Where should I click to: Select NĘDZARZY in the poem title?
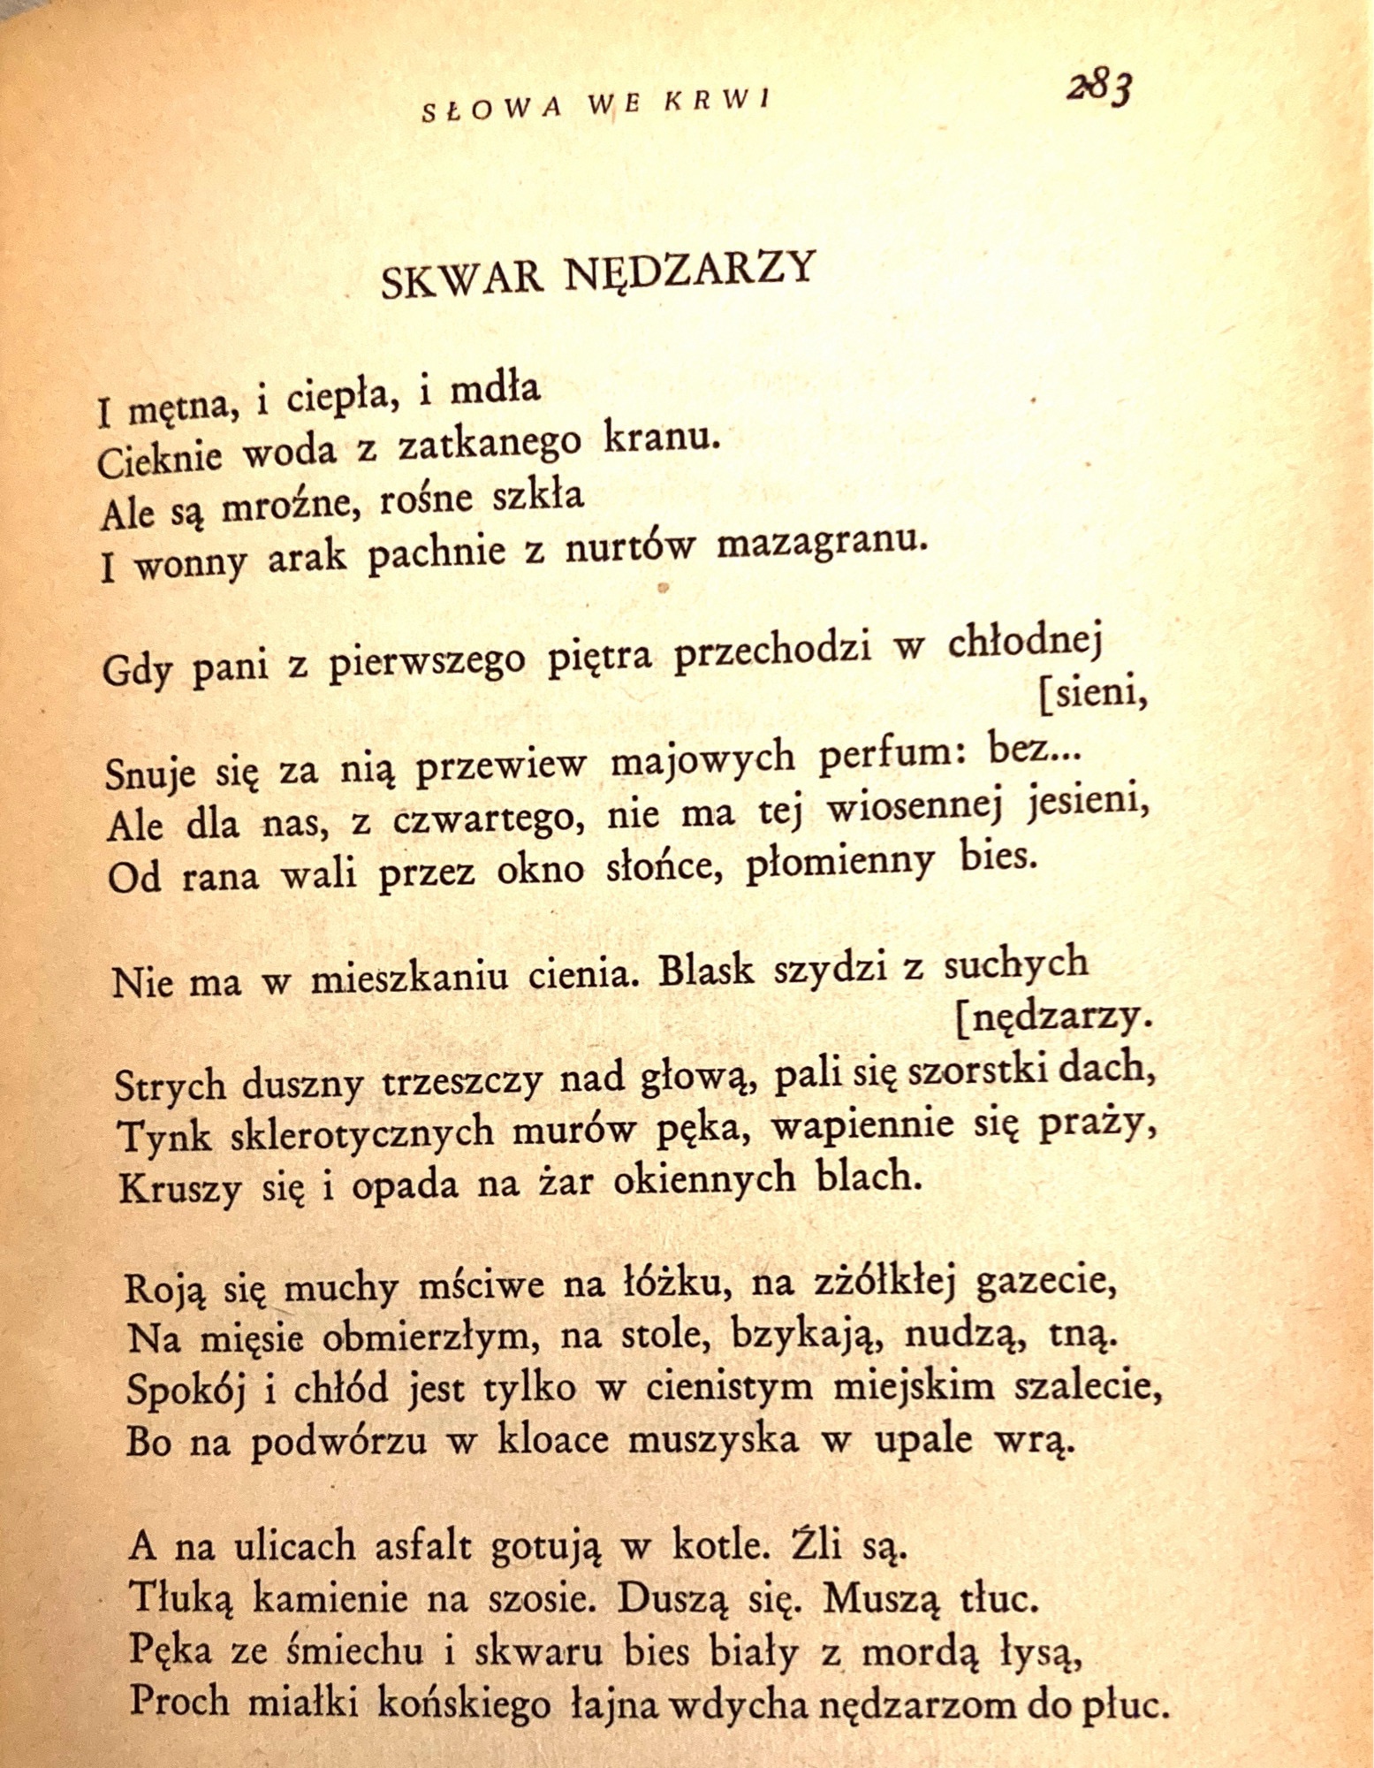click(x=688, y=269)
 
